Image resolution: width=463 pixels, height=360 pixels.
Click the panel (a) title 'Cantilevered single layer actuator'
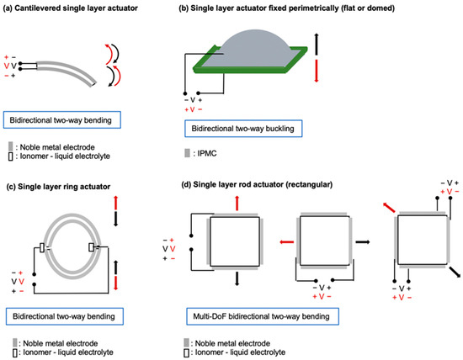(76, 8)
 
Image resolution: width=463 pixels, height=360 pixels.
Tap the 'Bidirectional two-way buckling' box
(243, 129)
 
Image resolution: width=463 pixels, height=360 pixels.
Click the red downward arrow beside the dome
(317, 71)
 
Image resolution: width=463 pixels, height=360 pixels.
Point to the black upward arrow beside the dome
(317, 45)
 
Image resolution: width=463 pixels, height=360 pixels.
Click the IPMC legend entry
(200, 153)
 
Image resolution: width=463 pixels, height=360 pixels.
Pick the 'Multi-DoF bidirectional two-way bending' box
(263, 316)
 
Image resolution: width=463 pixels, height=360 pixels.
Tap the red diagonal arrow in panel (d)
(389, 208)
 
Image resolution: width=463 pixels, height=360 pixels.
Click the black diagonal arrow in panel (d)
(455, 272)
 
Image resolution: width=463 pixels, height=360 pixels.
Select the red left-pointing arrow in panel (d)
(287, 242)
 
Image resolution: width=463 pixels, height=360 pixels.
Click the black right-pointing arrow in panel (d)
(363, 242)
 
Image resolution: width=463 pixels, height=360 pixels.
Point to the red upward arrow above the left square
(237, 203)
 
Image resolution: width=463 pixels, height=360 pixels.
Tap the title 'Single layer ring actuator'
(64, 187)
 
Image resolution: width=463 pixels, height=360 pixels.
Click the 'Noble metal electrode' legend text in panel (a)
(57, 147)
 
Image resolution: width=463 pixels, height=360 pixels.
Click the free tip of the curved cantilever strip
(93, 84)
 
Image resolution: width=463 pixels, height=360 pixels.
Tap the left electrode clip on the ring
(42, 248)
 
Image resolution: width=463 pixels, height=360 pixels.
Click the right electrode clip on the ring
(92, 247)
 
